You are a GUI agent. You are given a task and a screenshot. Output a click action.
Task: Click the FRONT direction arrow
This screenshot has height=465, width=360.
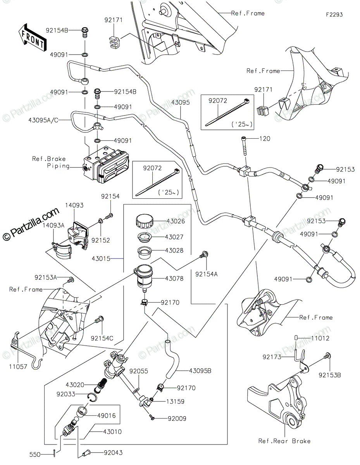31,37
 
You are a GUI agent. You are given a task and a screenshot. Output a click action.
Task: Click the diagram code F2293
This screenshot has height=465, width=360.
334,15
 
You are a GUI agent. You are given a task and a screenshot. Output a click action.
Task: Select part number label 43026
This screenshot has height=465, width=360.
175,221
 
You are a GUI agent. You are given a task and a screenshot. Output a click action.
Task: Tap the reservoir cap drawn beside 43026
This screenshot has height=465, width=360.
144,222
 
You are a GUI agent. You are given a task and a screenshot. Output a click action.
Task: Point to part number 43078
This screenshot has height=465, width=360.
175,278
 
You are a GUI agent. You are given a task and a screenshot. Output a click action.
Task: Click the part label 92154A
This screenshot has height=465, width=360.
206,274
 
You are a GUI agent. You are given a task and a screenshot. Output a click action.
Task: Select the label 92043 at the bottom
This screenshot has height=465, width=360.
113,452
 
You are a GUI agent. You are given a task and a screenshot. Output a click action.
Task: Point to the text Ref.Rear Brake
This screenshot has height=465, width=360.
284,441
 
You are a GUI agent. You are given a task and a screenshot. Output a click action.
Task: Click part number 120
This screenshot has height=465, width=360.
265,139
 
